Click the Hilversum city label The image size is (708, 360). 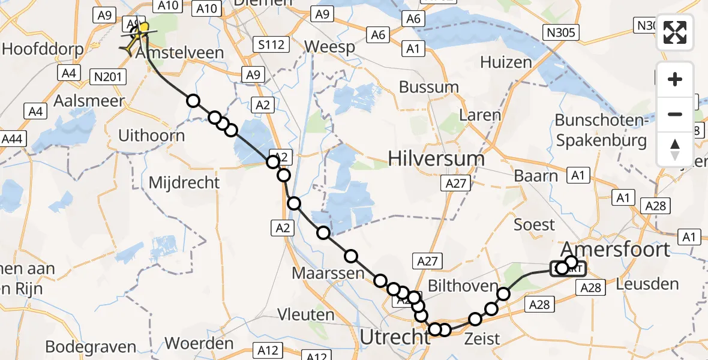[436, 159]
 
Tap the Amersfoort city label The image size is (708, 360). [615, 249]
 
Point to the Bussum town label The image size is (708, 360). [429, 87]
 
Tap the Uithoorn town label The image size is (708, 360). [151, 136]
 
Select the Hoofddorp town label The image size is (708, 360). [33, 48]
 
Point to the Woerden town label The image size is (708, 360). [199, 344]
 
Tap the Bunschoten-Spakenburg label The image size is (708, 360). [601, 130]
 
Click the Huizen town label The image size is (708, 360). [506, 62]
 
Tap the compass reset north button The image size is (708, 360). [675, 149]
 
